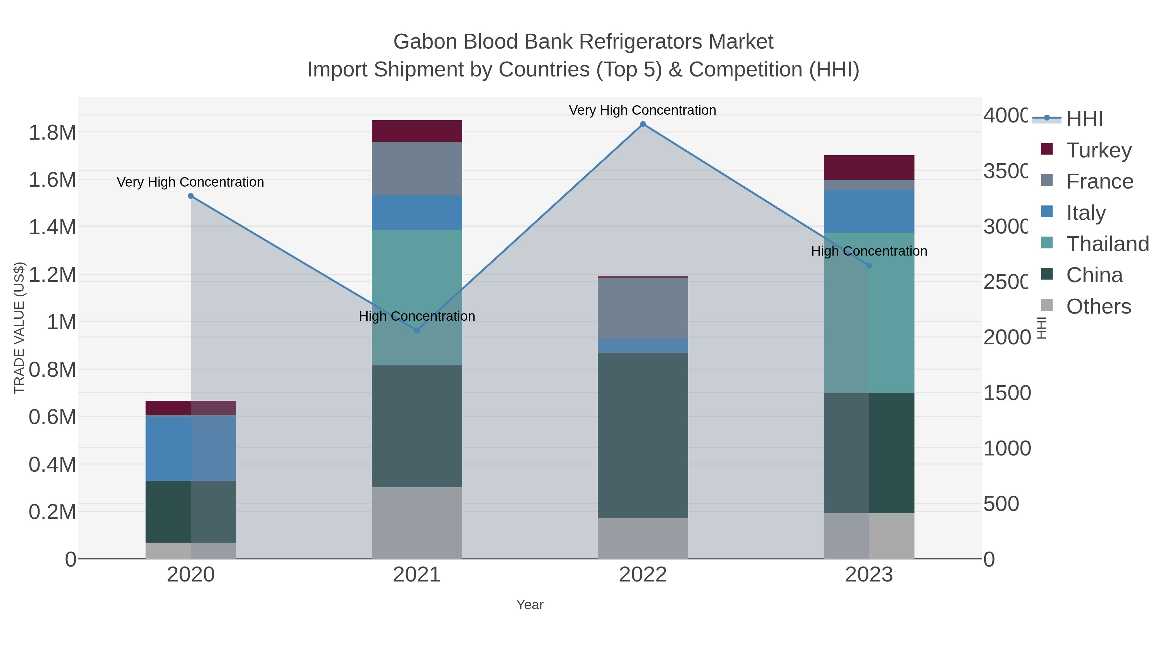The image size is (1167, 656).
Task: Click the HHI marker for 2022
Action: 643,124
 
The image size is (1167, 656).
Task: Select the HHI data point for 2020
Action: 191,196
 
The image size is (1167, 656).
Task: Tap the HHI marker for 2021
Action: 417,330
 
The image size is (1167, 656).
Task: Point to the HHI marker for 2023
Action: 869,266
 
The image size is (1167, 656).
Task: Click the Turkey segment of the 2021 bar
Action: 417,131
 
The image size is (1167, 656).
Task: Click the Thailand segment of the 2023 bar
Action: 869,312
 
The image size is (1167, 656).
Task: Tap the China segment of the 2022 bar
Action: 643,435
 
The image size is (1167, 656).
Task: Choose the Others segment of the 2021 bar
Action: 417,523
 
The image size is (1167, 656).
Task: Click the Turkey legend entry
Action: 1099,150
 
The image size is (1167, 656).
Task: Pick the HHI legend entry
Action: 1084,119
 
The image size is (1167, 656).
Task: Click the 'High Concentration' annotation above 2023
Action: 869,251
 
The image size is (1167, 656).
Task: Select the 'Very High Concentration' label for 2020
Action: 190,182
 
